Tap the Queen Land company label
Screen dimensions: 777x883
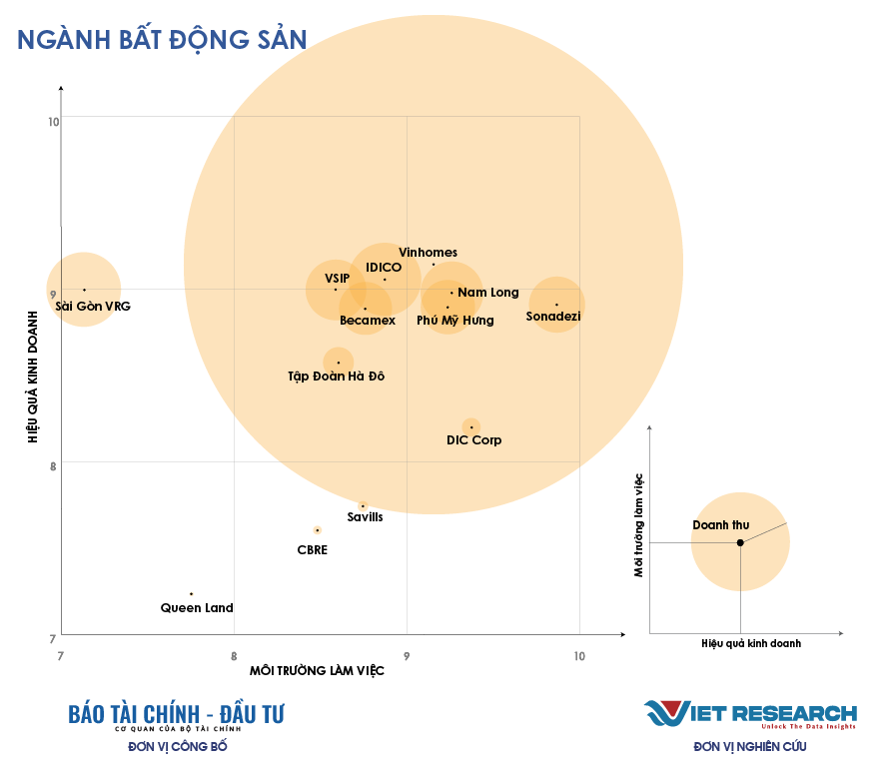pyautogui.click(x=197, y=607)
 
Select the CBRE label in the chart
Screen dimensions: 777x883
pyautogui.click(x=312, y=549)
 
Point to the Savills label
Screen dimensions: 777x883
pyautogui.click(x=365, y=517)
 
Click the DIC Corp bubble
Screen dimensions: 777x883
pyautogui.click(x=471, y=427)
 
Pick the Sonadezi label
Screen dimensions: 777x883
pyautogui.click(x=552, y=317)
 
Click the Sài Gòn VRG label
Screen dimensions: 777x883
pyautogui.click(x=93, y=306)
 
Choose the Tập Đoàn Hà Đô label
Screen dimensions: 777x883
pyautogui.click(x=336, y=377)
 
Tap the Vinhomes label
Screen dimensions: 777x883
pyautogui.click(x=428, y=253)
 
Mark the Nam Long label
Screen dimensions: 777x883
pyautogui.click(x=488, y=293)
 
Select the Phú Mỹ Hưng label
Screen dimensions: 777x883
pyautogui.click(x=454, y=321)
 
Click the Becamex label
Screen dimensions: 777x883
pyautogui.click(x=368, y=321)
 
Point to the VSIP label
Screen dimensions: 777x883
pyautogui.click(x=338, y=278)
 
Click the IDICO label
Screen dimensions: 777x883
pyautogui.click(x=384, y=268)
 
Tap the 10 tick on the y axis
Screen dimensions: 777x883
pyautogui.click(x=54, y=122)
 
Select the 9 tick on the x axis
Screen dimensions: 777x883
pyautogui.click(x=407, y=655)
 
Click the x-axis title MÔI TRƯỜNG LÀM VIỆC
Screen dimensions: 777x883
pyautogui.click(x=317, y=670)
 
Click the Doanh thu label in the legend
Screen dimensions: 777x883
pyautogui.click(x=720, y=525)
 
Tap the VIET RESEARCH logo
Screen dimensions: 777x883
pyautogui.click(x=749, y=714)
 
